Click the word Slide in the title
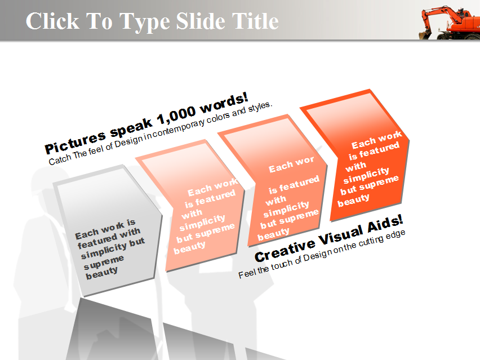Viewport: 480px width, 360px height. click(201, 21)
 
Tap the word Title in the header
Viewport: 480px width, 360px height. click(255, 21)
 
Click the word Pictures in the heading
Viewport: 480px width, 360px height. click(75, 143)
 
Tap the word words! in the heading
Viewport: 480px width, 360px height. click(224, 103)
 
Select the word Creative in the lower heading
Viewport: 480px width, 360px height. click(285, 250)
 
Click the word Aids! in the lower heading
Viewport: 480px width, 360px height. click(385, 224)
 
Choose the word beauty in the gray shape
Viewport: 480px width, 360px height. click(101, 273)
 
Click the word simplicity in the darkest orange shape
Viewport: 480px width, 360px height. click(366, 175)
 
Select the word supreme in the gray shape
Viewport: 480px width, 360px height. click(104, 262)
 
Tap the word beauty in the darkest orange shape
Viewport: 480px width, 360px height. click(353, 201)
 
